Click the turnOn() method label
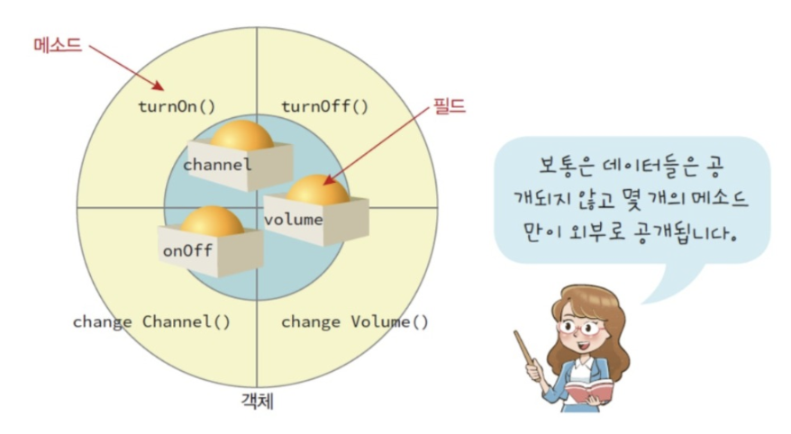[x=177, y=106]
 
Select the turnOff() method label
[x=324, y=106]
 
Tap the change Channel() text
[x=151, y=321]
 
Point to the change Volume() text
[x=355, y=321]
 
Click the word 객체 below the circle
[x=258, y=402]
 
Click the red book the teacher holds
[x=589, y=393]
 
